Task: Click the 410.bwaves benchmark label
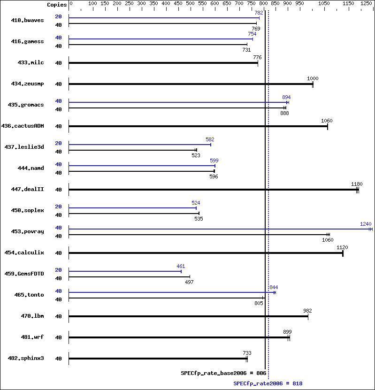[27, 20]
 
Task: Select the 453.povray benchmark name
[27, 231]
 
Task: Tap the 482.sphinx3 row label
[26, 358]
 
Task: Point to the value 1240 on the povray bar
[366, 224]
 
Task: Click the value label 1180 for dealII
[357, 184]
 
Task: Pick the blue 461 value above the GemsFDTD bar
[181, 266]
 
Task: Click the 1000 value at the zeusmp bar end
[313, 78]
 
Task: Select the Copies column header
[57, 5]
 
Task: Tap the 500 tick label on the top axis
[190, 3]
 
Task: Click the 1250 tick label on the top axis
[366, 3]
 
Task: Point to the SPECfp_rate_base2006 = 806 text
[223, 373]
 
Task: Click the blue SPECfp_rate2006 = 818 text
[268, 383]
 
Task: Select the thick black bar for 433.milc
[163, 63]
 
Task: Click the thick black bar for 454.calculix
[206, 253]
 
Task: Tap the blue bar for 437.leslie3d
[140, 145]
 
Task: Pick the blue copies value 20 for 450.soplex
[59, 206]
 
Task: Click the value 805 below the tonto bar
[259, 303]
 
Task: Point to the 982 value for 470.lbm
[307, 311]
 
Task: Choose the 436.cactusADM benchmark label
[23, 126]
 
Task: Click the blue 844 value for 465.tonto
[274, 287]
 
